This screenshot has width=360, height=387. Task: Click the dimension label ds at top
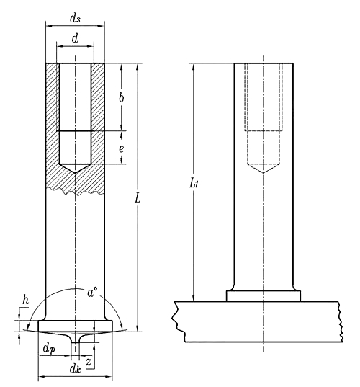pyautogui.click(x=75, y=14)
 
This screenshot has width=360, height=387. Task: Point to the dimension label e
pyautogui.click(x=121, y=148)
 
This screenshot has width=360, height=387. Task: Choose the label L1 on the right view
pyautogui.click(x=193, y=184)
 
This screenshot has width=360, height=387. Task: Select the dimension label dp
pyautogui.click(x=48, y=350)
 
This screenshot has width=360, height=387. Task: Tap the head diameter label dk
pyautogui.click(x=75, y=369)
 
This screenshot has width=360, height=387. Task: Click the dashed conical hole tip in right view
pyautogui.click(x=263, y=171)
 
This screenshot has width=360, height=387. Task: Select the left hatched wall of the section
pyautogui.click(x=51, y=123)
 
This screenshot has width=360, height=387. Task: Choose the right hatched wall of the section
pyautogui.click(x=99, y=123)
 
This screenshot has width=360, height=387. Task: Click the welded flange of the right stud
pyautogui.click(x=263, y=295)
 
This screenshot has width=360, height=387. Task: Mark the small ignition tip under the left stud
pyautogui.click(x=75, y=338)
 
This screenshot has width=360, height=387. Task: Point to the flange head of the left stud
pyautogui.click(x=75, y=326)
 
